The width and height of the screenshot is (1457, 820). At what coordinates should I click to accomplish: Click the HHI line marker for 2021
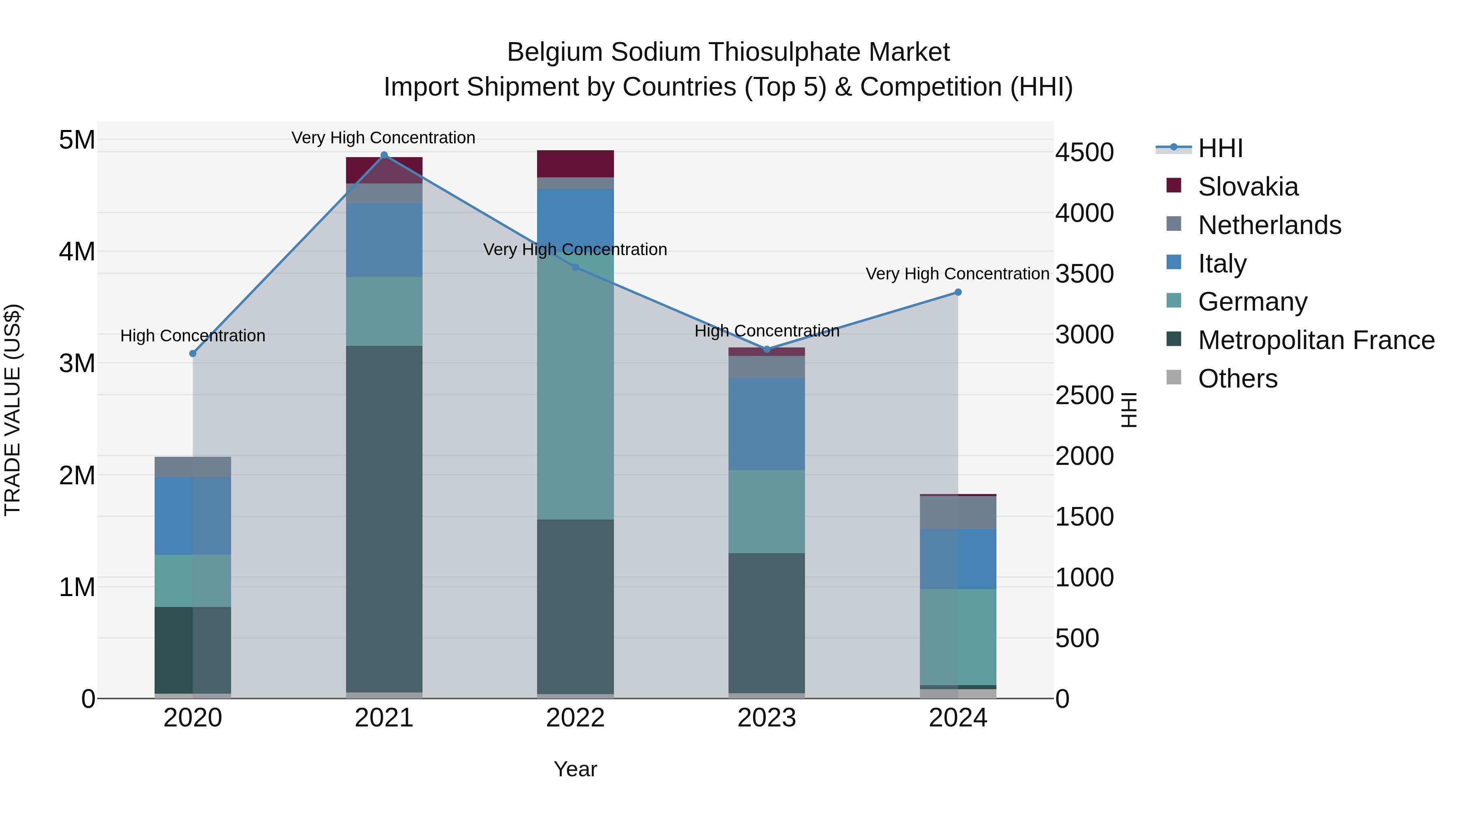coord(384,155)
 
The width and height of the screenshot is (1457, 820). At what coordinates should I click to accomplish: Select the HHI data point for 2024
coord(958,292)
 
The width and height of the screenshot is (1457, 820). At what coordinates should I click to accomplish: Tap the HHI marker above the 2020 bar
coord(193,353)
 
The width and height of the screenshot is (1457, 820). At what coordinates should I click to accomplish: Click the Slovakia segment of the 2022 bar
coord(575,164)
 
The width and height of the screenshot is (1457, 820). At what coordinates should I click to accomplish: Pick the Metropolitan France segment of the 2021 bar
coord(384,518)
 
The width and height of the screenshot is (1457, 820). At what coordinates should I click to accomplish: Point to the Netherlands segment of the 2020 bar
coord(193,466)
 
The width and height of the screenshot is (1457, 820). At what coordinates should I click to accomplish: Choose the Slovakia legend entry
coord(1247,187)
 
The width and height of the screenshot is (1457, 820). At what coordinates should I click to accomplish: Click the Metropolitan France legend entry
coord(1315,340)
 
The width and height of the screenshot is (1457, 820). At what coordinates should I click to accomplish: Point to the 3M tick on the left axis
coord(77,363)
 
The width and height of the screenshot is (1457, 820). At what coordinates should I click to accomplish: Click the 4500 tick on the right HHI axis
coord(1084,152)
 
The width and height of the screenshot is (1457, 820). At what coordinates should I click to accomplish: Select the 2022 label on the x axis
coord(575,718)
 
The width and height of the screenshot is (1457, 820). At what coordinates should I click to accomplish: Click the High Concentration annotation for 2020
coord(193,336)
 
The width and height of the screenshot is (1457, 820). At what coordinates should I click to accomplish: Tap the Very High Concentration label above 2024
coord(957,274)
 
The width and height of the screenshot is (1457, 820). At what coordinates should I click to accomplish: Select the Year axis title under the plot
coord(575,769)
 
